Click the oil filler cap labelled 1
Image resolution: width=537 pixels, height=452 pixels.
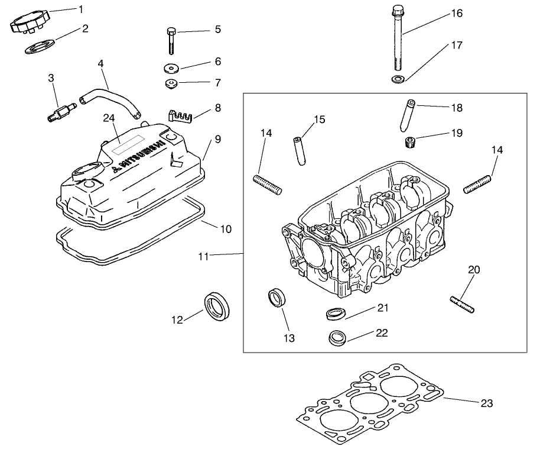27,22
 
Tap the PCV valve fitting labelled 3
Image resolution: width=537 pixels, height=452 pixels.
60,111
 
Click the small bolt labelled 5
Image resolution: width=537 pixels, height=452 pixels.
171,40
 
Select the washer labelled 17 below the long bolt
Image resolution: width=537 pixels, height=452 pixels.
398,79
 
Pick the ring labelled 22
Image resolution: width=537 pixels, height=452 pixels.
338,338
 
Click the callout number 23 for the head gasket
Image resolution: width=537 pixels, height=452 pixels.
486,404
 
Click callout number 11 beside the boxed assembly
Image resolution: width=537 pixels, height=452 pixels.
203,257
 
